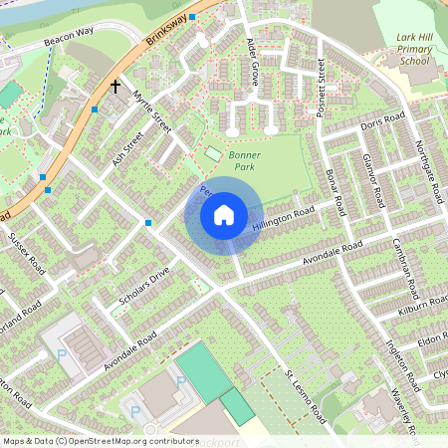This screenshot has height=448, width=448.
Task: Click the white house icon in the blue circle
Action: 224,215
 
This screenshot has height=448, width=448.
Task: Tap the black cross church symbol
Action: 115,88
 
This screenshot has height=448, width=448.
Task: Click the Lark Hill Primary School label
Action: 408,49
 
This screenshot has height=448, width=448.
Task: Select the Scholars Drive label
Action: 146,290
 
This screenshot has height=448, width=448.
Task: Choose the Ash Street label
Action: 127,152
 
